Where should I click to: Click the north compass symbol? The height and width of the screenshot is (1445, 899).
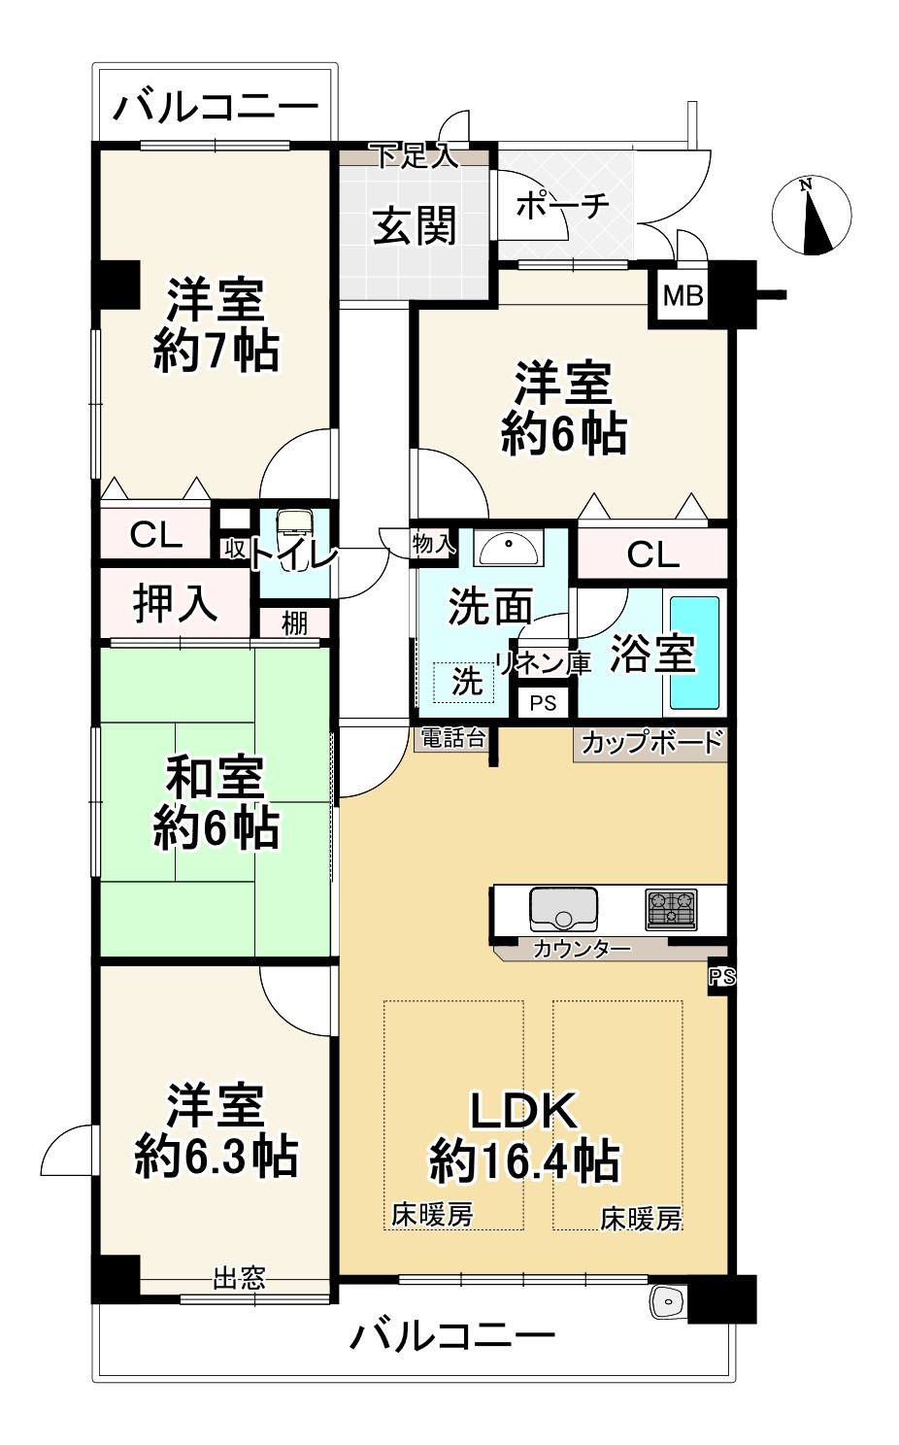812,217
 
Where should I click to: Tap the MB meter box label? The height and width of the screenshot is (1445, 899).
683,294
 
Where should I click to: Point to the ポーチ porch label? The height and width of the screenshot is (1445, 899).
562,206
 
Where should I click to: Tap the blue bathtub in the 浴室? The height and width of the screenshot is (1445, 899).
694,653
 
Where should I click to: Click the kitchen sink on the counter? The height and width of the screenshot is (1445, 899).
563,909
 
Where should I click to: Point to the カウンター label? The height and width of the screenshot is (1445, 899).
582,949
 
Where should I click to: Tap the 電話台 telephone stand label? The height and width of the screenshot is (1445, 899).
451,738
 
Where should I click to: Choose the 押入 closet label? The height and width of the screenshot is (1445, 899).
175,603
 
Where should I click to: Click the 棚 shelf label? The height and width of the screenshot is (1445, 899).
294,622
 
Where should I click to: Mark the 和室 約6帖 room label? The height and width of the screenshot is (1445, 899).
216,803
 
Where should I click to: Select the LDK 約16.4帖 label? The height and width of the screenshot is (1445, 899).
524,1135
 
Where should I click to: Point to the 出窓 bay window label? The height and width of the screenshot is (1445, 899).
239,1277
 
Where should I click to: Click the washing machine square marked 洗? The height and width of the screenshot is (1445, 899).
466,681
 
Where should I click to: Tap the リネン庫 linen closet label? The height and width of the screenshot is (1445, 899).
544,663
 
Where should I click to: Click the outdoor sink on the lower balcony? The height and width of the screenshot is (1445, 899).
668,1300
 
